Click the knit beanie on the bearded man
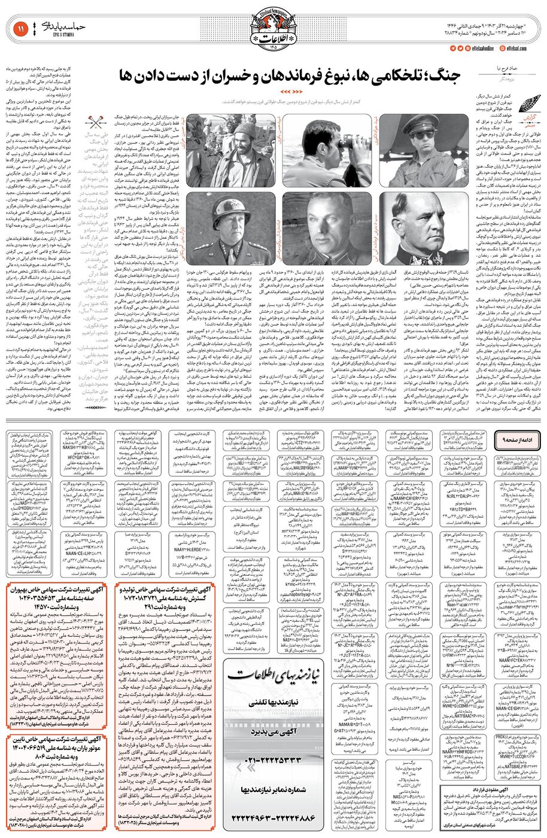pos(244,130)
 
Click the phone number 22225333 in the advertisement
pos(273,760)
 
